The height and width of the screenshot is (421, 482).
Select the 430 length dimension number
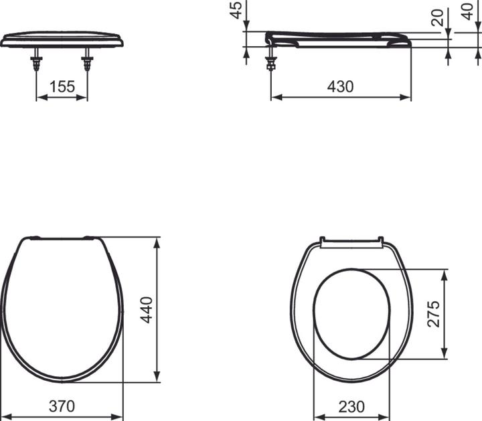click(340, 86)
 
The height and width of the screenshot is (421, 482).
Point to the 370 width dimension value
click(62, 406)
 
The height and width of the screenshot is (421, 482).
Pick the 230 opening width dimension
click(352, 406)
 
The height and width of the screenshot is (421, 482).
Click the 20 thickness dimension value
click(437, 18)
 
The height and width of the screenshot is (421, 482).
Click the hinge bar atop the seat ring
click(352, 241)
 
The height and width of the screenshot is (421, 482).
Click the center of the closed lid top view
click(62, 308)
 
